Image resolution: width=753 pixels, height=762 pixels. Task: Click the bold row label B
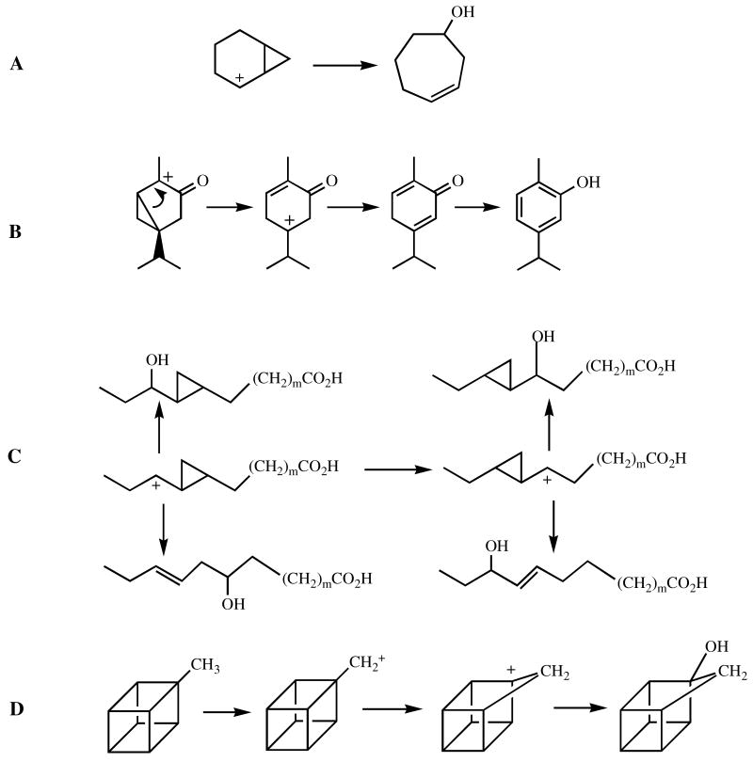tap(16, 229)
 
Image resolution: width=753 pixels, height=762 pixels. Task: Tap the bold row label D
tap(16, 708)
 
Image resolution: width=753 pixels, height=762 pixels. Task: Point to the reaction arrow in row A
tap(345, 65)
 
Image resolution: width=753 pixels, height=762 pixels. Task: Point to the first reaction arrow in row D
tap(226, 712)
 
